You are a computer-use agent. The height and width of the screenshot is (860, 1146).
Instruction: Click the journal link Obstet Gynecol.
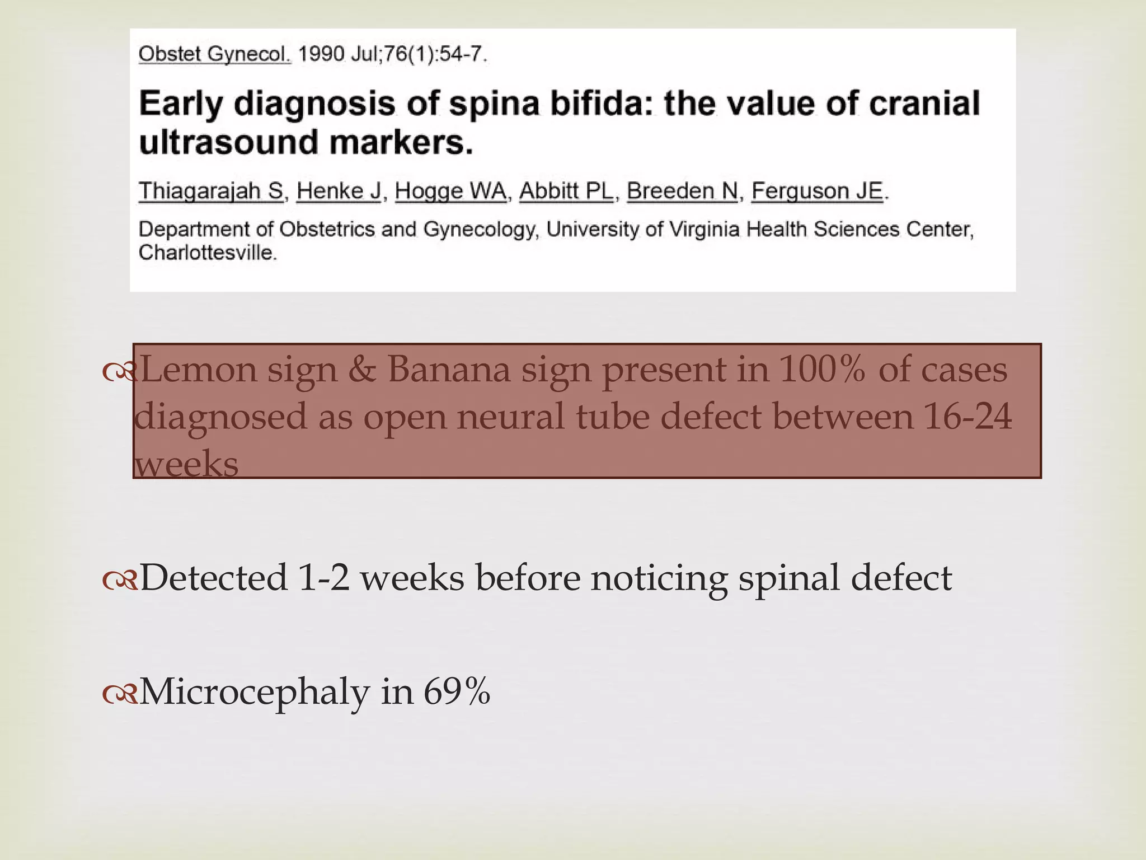[214, 55]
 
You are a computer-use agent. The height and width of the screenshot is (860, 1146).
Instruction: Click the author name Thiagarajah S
[212, 191]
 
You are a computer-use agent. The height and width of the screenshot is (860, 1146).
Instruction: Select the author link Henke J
[338, 191]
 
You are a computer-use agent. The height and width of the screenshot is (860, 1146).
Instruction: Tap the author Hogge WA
[450, 191]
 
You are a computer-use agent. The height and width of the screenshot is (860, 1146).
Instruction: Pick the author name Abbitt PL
[566, 191]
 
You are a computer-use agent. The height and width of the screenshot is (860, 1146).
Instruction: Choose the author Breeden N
[682, 191]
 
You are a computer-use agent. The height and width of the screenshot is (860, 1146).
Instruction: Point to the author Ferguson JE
[817, 191]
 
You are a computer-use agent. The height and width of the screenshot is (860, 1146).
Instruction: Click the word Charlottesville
[208, 253]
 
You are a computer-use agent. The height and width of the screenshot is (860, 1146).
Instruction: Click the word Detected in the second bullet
[213, 578]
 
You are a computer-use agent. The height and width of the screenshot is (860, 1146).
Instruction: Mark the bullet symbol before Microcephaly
[119, 694]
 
